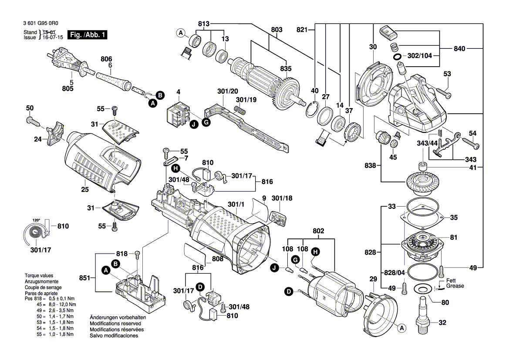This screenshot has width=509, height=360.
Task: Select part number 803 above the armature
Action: (277, 30)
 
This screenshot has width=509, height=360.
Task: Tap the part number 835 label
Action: (286, 68)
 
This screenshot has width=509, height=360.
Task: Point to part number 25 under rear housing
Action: (85, 189)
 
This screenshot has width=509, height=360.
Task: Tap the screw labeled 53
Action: (442, 92)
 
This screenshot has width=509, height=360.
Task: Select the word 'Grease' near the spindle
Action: (455, 286)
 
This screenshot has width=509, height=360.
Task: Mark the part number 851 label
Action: (85, 278)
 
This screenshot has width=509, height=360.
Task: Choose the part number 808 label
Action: (218, 259)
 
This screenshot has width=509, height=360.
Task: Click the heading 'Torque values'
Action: (39, 276)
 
